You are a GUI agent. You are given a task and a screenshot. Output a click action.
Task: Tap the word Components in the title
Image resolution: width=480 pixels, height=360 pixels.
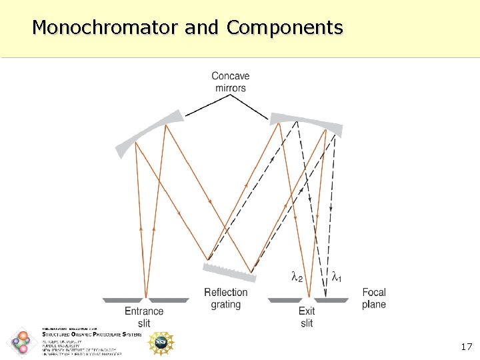coord(285,28)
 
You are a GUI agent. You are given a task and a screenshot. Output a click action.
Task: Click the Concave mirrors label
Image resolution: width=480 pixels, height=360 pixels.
coord(231,82)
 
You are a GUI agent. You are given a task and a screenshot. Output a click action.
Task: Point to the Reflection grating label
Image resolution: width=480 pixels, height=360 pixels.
coord(225,298)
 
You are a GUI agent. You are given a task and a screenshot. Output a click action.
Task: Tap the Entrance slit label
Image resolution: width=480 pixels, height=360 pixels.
coord(144,317)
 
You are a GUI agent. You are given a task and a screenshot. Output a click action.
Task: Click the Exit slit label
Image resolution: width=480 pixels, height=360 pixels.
coord(307,317)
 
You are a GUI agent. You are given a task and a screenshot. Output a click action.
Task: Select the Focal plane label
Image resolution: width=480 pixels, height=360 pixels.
coord(373,298)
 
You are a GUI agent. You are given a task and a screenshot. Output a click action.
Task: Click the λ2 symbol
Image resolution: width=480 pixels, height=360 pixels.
coord(297,275)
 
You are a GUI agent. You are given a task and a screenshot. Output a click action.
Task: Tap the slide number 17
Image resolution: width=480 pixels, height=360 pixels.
coord(466,347)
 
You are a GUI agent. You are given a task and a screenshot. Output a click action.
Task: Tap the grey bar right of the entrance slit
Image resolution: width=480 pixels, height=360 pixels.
coord(167,300)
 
